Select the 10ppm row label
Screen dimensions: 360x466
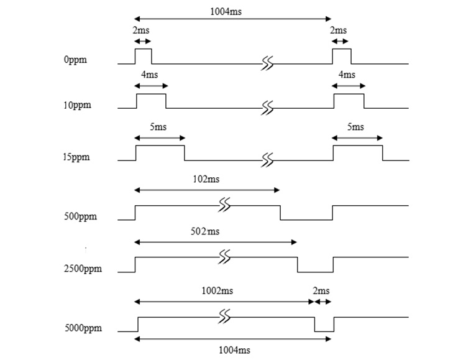[77, 104]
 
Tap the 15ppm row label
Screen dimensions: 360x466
[77, 157]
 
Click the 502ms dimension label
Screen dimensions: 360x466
[206, 232]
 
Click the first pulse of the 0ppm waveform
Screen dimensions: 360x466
[144, 56]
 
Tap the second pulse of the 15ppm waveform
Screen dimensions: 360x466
[358, 153]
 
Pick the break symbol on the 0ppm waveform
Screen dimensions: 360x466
[268, 63]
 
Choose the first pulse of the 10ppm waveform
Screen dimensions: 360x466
[151, 101]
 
